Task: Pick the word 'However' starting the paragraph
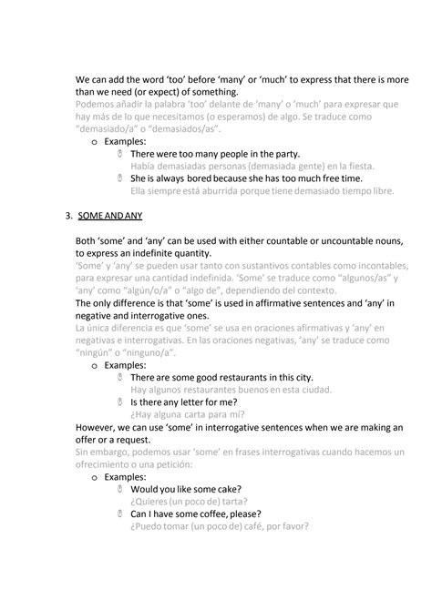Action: [98, 426]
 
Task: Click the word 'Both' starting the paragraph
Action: [89, 240]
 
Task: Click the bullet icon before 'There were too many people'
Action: [120, 155]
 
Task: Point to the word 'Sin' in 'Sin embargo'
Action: [83, 452]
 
